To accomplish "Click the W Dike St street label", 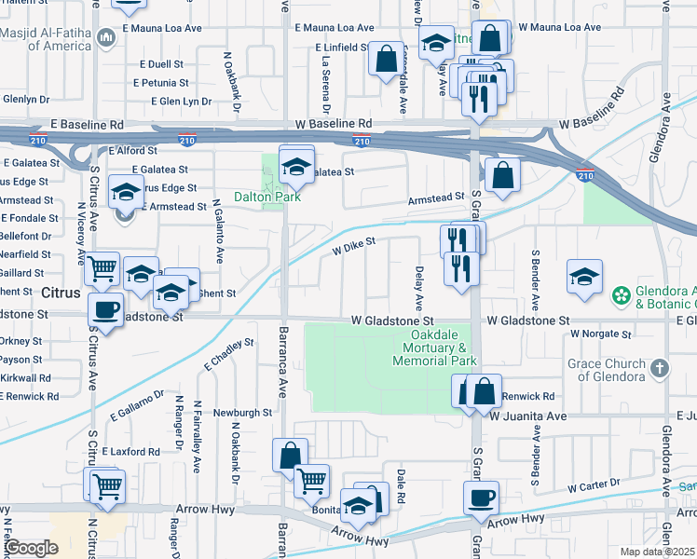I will pos(354,245).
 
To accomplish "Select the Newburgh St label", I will pos(242,411).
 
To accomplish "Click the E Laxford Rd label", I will pos(130,451).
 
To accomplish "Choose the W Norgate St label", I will pos(601,333).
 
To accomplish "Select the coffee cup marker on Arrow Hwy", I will pos(481,498).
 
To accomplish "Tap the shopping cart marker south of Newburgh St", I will pos(311,481).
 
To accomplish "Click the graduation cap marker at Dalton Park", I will pos(296,166).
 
